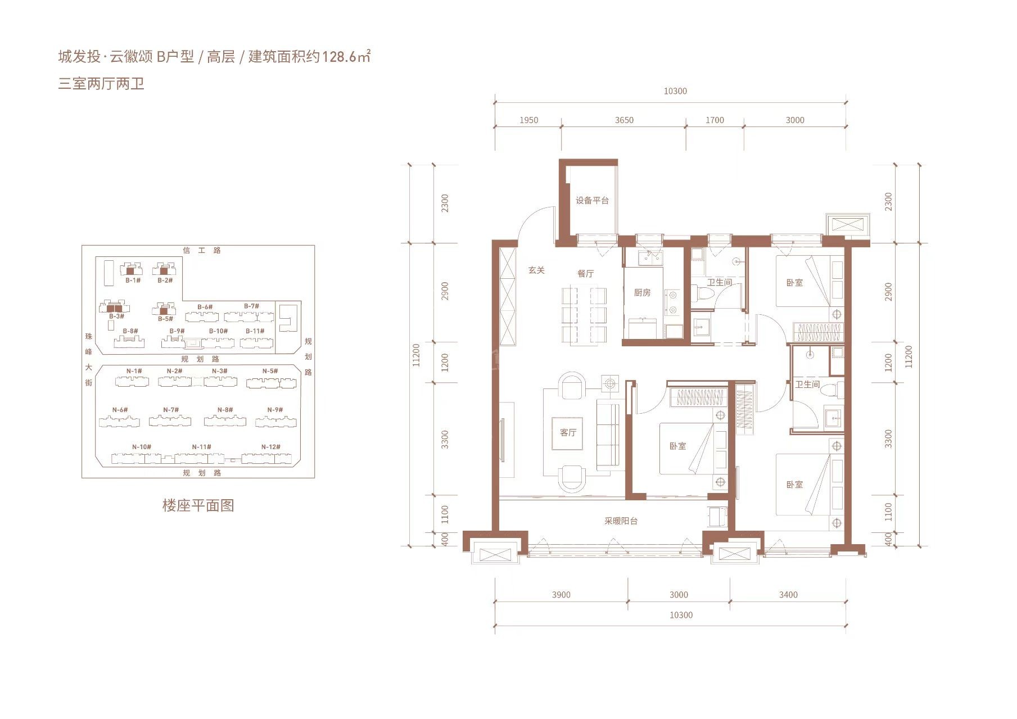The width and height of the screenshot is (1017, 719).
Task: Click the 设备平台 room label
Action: (x=592, y=201)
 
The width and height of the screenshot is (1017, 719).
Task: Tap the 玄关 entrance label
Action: (x=536, y=270)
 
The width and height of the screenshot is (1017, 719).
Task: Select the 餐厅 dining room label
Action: (x=585, y=274)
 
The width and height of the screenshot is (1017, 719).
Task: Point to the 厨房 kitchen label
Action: (x=642, y=293)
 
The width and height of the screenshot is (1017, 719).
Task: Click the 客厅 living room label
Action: (x=568, y=433)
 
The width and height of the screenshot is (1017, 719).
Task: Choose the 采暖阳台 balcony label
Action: (x=621, y=521)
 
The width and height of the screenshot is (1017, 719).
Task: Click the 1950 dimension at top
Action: (x=528, y=120)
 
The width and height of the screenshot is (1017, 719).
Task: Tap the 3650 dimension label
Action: (x=624, y=120)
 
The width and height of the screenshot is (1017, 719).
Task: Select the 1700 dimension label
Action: (x=715, y=120)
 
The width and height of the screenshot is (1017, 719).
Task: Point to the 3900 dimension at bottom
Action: (x=561, y=595)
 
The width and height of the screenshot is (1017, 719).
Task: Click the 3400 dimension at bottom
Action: (x=788, y=595)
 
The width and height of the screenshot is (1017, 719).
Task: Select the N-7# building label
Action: (x=171, y=410)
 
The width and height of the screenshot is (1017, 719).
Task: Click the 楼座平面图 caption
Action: (x=198, y=505)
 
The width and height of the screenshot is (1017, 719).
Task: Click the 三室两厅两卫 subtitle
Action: (x=101, y=84)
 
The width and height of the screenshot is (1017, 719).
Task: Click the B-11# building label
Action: (x=255, y=331)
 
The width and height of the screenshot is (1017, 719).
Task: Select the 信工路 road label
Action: (x=202, y=251)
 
